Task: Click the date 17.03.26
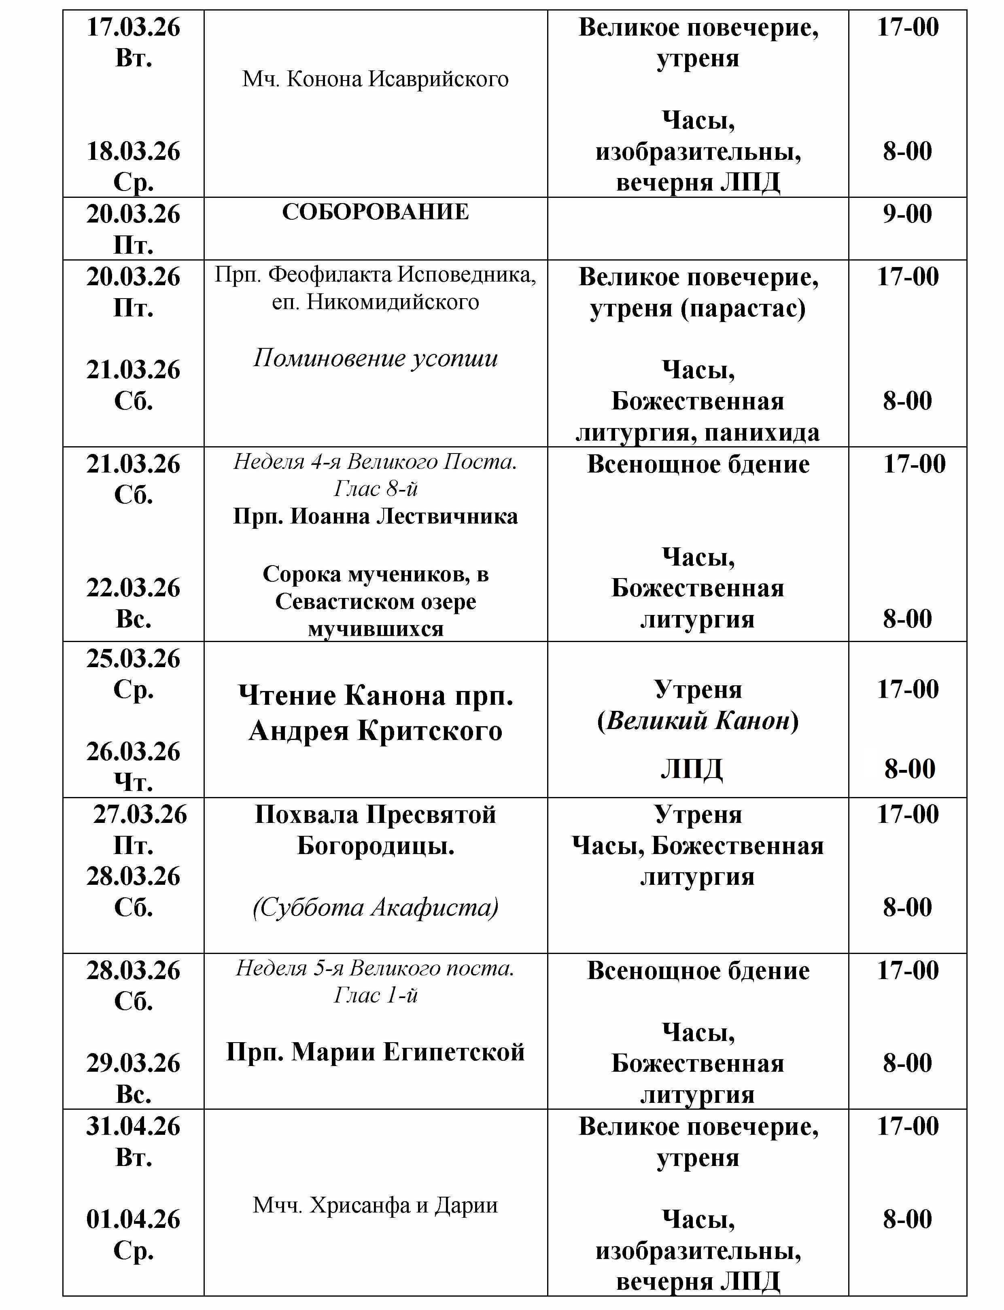tap(133, 28)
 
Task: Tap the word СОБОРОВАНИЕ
tap(375, 212)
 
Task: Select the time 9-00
tap(907, 214)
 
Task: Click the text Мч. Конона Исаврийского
tap(375, 79)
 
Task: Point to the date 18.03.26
tap(133, 151)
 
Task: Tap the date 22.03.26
tap(133, 588)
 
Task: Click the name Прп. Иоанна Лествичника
tap(375, 516)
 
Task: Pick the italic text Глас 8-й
tap(375, 489)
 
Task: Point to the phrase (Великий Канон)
tap(698, 721)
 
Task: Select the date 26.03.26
tap(133, 751)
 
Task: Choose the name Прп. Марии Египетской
tap(375, 1051)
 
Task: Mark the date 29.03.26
tap(133, 1063)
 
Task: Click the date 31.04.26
tap(133, 1127)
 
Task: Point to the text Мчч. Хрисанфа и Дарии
tap(375, 1205)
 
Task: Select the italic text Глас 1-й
tap(375, 995)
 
